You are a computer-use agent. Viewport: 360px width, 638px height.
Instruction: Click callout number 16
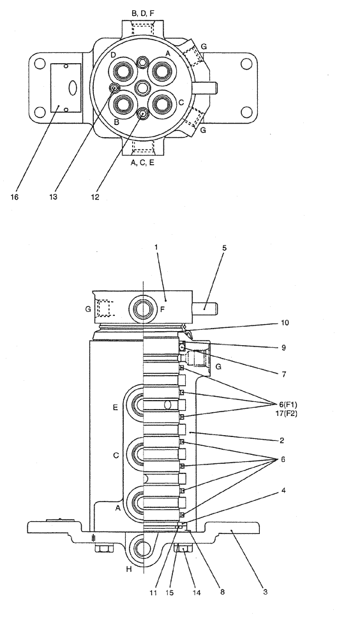14,197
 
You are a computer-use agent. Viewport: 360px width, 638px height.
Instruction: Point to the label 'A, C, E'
142,163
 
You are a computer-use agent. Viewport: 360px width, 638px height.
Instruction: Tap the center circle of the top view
143,87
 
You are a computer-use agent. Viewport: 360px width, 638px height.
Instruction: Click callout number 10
285,323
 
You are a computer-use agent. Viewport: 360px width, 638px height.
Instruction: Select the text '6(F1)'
284,404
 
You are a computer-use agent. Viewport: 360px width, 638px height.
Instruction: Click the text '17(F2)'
284,413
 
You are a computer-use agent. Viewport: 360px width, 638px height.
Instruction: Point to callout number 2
281,440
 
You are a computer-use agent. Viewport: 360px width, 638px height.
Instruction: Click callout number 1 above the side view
155,247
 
